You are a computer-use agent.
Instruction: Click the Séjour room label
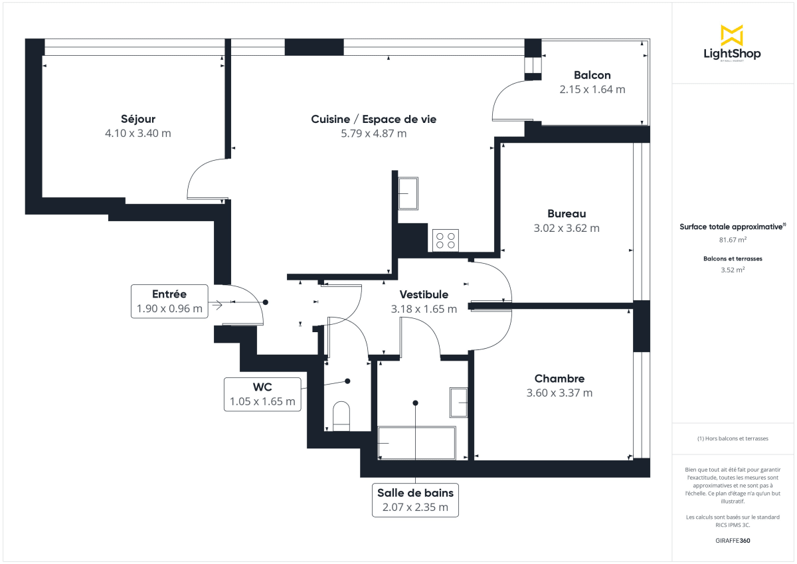138,119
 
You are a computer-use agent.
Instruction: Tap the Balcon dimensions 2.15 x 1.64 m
592,89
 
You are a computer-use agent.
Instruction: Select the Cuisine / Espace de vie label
373,119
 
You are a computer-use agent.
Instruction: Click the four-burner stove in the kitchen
446,240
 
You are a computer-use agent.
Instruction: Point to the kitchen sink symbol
408,193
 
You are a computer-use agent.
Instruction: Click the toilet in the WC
341,416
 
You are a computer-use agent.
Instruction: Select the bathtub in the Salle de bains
416,443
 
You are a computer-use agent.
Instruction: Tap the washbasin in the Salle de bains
459,403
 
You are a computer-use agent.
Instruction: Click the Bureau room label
567,213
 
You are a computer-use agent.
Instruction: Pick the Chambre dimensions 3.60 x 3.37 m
559,393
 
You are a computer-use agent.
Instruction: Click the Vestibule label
424,294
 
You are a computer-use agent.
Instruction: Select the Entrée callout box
169,302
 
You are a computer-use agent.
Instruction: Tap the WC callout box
262,394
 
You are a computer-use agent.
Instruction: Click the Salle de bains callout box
415,500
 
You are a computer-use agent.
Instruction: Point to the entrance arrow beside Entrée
216,305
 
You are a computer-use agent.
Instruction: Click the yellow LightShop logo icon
732,35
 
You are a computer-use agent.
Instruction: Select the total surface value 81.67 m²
733,240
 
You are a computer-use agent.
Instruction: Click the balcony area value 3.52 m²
733,270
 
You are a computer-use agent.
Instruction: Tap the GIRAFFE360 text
733,541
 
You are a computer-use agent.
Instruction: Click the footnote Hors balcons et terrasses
733,438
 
